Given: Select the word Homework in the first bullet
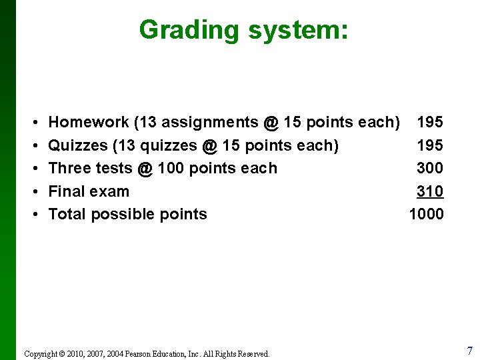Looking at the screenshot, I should [x=89, y=122].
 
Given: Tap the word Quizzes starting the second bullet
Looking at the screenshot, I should [x=78, y=145].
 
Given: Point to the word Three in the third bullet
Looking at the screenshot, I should [x=70, y=168].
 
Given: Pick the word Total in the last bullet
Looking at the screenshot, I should [x=67, y=214].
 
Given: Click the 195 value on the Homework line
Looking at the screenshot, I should [x=430, y=122].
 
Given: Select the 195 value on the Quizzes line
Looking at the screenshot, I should [x=430, y=145].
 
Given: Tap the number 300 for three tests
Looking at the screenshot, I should [x=430, y=168].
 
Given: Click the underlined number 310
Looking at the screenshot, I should [x=430, y=191].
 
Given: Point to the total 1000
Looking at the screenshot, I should [x=426, y=214].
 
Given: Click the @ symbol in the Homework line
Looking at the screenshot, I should [x=271, y=122].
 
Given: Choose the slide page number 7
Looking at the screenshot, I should [x=469, y=351].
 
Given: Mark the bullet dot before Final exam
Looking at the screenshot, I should [x=33, y=192].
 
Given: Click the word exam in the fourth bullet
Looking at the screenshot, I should [x=111, y=191].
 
